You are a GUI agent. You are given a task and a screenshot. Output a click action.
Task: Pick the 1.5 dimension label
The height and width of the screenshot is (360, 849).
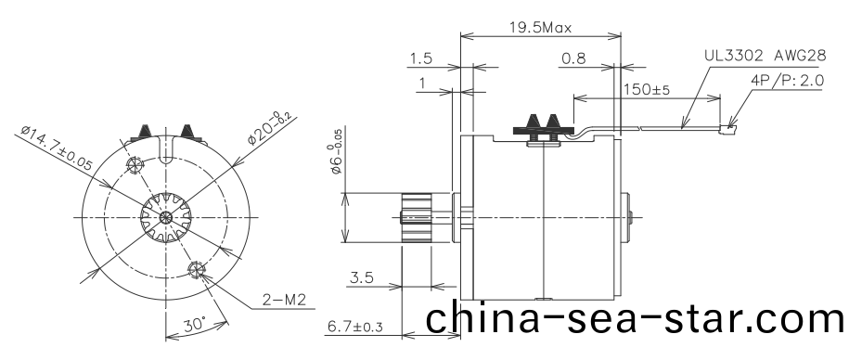[x=420, y=59]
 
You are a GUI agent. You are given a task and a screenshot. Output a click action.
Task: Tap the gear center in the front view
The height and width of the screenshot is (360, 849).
[x=164, y=218]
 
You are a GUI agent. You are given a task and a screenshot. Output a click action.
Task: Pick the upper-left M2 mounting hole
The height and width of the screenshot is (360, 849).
[x=135, y=166]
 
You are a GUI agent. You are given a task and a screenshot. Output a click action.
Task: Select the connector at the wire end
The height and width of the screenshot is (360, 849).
[x=728, y=122]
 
